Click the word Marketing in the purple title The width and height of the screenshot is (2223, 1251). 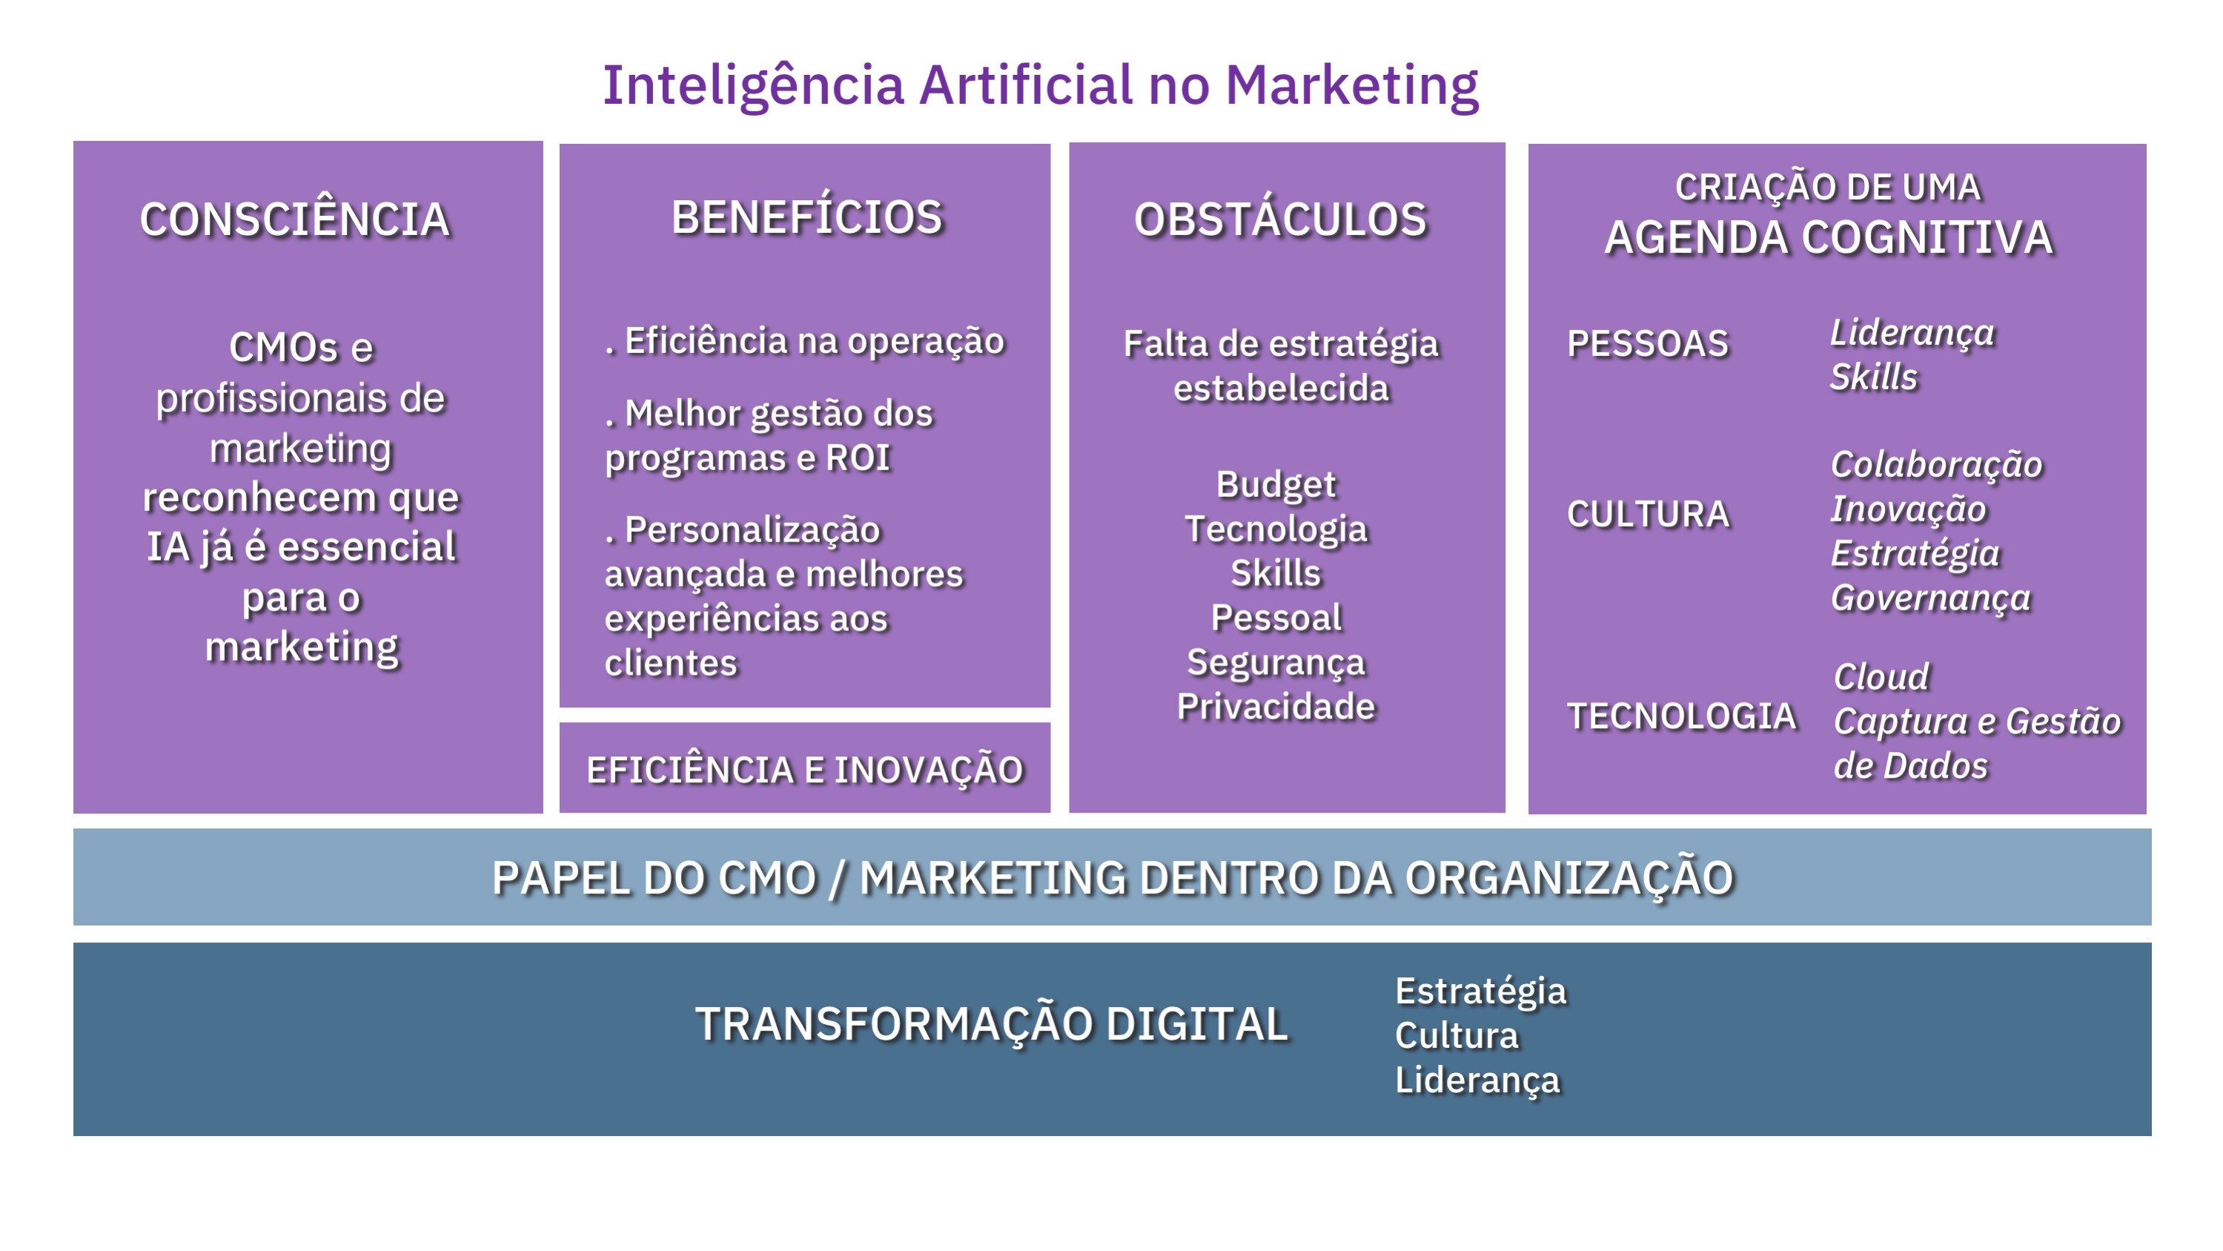coord(1351,86)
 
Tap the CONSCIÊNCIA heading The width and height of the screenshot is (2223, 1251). coord(295,219)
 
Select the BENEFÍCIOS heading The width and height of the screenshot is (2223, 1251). coord(807,217)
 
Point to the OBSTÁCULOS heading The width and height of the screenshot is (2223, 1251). coord(1281,219)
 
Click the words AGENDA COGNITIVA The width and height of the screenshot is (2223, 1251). coord(1828,237)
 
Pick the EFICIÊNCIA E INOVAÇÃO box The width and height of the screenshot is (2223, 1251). coord(804,768)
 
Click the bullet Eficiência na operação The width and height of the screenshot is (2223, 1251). coord(804,341)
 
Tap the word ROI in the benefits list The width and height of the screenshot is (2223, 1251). coord(857,458)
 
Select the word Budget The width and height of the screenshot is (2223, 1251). coord(1276,485)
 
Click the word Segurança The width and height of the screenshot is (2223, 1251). coord(1276,663)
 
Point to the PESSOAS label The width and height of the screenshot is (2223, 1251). coord(1647,343)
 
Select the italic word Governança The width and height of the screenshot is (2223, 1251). coord(1930,598)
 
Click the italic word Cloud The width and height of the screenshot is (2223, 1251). coord(1881,676)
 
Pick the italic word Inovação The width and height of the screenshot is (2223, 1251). coord(1908,509)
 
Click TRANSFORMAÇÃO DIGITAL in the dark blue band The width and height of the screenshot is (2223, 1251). coord(992,1025)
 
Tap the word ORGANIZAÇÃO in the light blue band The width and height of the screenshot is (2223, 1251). coord(1569,879)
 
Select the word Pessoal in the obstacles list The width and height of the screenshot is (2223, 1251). coord(1276,617)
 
